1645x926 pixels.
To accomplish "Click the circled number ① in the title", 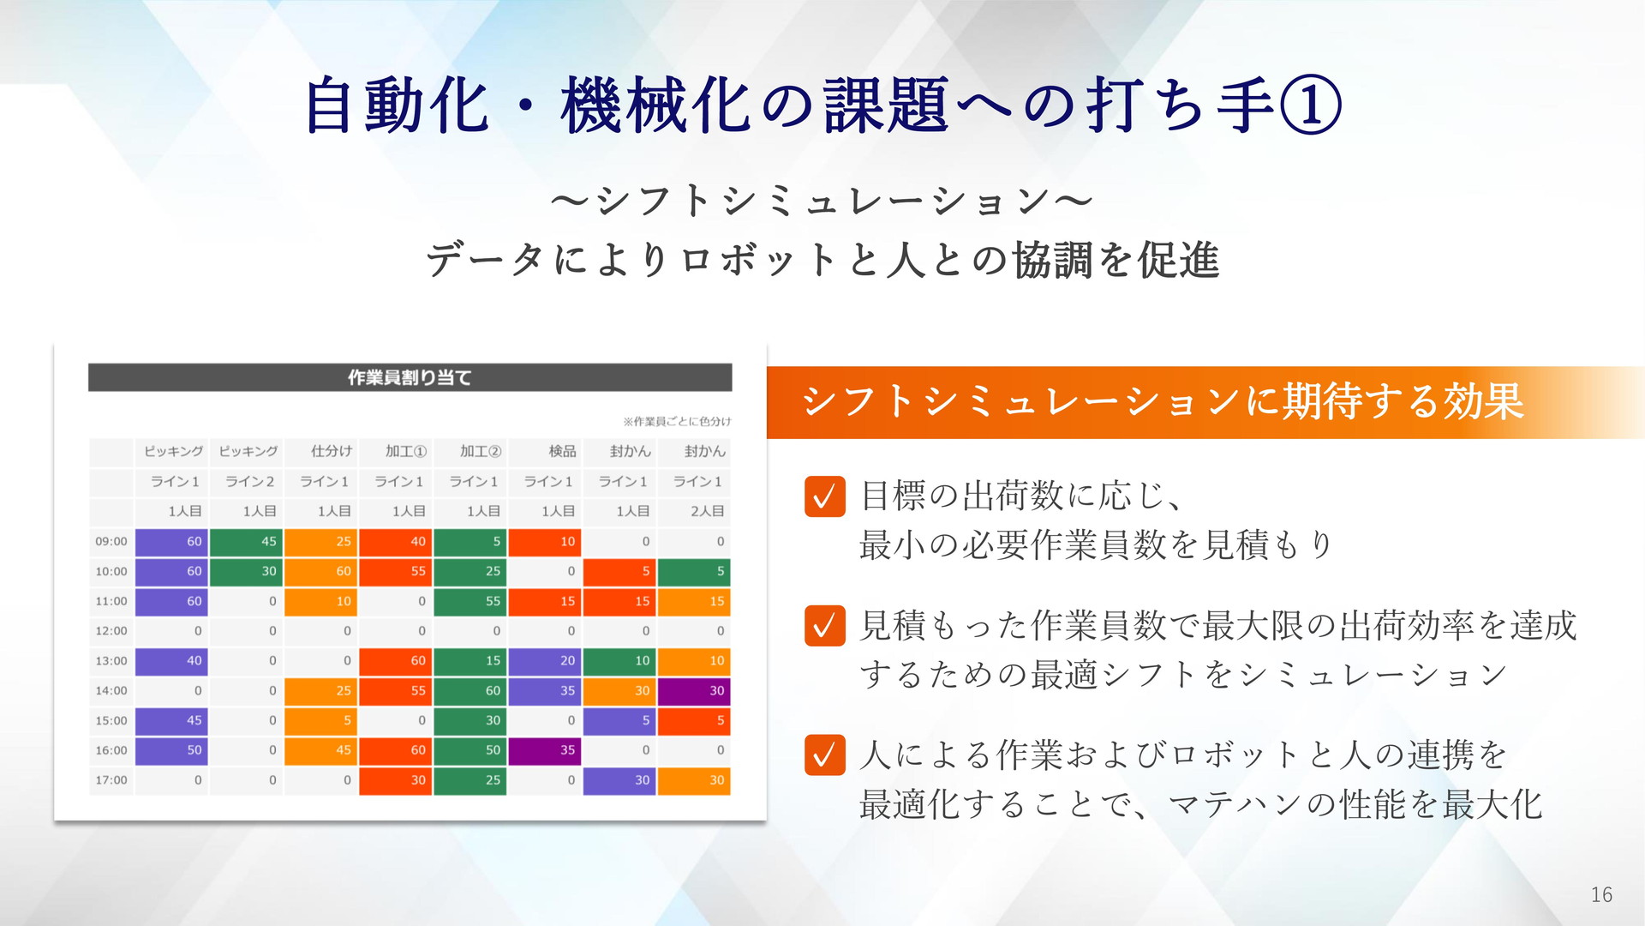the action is click(x=1310, y=105).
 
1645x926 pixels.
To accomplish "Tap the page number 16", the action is click(x=1601, y=895).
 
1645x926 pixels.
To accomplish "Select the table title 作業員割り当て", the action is click(x=410, y=377).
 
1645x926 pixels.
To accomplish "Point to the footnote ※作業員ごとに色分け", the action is click(x=677, y=421).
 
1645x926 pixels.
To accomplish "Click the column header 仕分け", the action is click(x=332, y=451).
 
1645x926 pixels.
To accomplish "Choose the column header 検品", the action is click(x=562, y=451).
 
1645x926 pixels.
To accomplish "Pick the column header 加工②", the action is click(x=480, y=451).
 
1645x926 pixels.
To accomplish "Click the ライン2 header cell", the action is click(x=249, y=481).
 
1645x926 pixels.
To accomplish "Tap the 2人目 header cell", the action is click(x=708, y=511).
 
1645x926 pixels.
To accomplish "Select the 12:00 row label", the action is click(x=111, y=631).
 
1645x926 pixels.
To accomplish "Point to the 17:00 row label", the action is click(x=111, y=780).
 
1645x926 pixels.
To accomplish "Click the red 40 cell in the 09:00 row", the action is click(x=395, y=542).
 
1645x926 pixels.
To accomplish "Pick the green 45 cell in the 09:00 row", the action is click(x=246, y=542).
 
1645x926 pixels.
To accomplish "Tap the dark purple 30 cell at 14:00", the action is click(x=694, y=691).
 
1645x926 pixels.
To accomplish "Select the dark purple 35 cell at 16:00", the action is click(x=545, y=750).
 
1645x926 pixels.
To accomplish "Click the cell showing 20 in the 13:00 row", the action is click(x=545, y=661).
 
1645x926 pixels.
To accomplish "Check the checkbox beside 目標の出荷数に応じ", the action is click(x=825, y=496).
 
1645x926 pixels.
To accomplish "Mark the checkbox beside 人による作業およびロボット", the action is click(x=825, y=755).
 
